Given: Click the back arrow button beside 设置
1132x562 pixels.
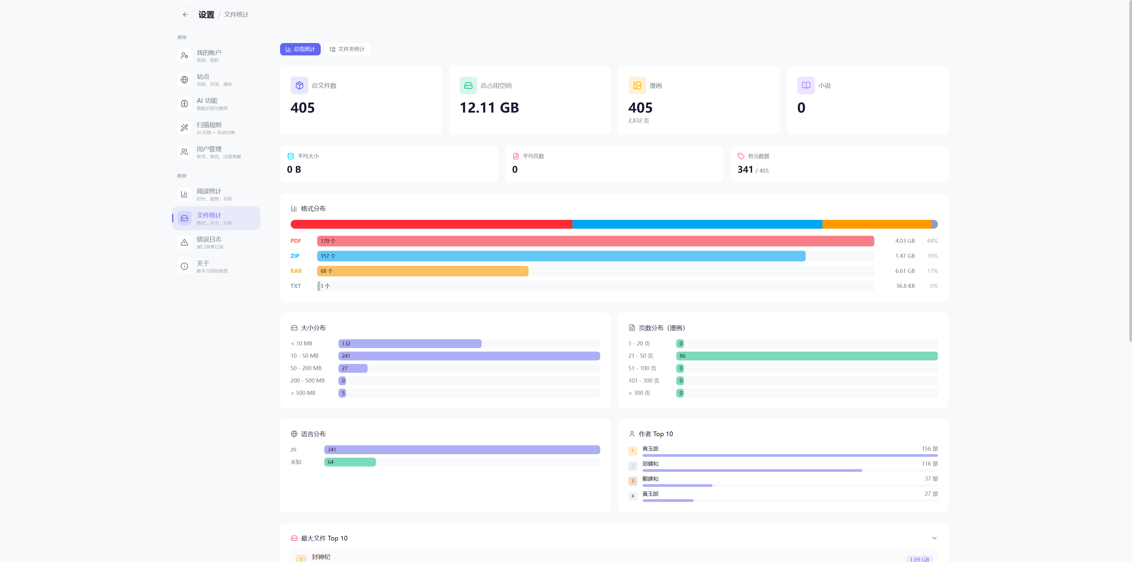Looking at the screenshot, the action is click(x=185, y=14).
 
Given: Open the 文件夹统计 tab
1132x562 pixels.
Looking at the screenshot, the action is click(x=347, y=49).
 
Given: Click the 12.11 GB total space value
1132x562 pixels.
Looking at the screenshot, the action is click(x=489, y=108).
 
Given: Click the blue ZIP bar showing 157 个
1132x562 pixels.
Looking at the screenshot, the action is click(x=561, y=256).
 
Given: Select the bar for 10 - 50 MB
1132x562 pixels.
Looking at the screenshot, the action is click(x=469, y=356).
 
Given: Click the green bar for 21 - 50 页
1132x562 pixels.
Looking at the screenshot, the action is click(x=807, y=356).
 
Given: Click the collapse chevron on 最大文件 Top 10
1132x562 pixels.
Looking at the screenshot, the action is click(x=934, y=538).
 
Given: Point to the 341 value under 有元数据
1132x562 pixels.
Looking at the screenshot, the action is click(x=745, y=170).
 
